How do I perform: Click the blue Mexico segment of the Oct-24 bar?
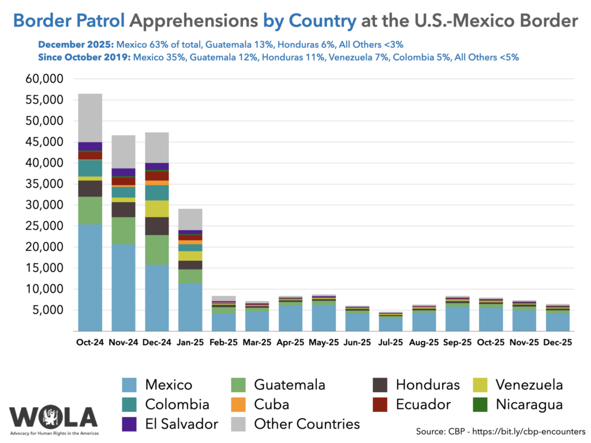(90, 277)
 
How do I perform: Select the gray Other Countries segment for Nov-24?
(124, 151)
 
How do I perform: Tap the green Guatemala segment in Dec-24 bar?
(157, 249)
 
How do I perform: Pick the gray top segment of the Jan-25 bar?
(190, 219)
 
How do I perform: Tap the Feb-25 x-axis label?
(224, 342)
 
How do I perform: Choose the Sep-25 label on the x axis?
(457, 342)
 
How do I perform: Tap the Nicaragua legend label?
(529, 404)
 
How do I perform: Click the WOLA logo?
(53, 419)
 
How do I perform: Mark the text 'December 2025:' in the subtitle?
(76, 45)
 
